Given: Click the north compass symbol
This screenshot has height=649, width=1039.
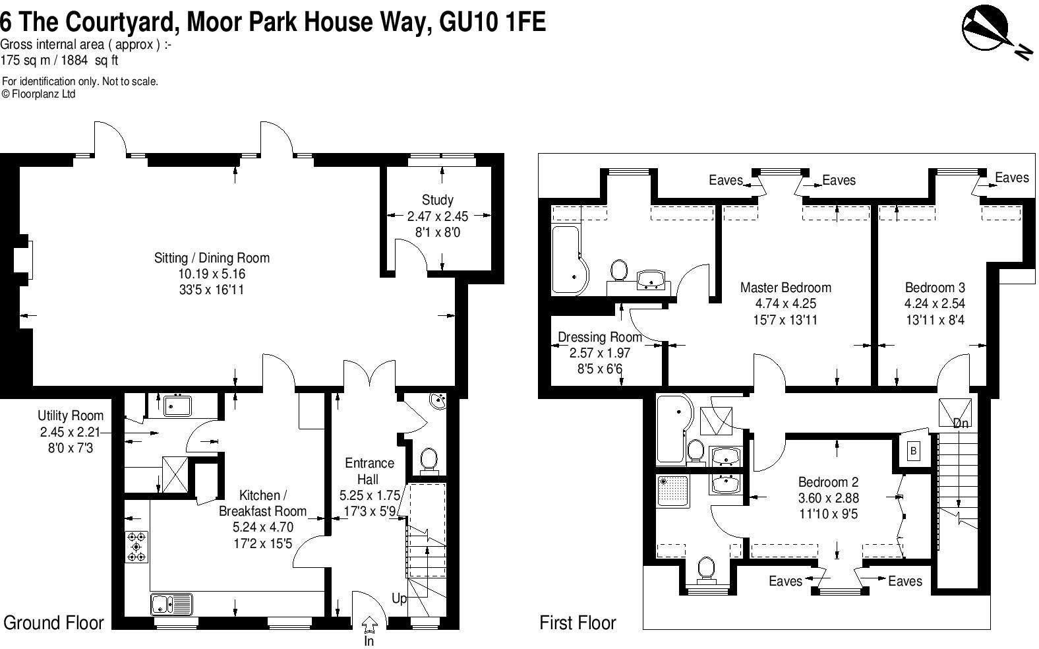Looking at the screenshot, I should pos(986,29).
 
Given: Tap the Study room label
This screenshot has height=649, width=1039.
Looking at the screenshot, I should pos(437,200).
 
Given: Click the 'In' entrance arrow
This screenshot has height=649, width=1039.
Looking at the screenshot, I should pos(369,623).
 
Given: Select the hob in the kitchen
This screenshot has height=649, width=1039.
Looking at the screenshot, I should pos(136,547).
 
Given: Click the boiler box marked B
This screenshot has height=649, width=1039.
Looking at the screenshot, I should pos(914,451).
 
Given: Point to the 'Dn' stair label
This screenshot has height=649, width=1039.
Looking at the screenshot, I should pos(961,423).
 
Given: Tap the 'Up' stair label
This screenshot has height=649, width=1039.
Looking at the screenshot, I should pos(399,599).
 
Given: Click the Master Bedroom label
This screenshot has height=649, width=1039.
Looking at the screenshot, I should pos(785,288).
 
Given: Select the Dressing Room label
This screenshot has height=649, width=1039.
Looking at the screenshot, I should pos(599,337).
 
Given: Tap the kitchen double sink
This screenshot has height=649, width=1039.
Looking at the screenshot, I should pos(171,603).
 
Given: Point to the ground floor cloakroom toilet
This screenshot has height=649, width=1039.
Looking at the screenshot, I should pos(429,458).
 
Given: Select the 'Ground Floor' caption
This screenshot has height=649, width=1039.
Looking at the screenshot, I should pos(53,623).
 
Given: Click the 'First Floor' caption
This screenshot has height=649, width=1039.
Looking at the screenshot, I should pos(578,623).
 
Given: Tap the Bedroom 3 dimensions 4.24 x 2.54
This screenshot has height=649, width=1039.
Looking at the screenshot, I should pos(934,304).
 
